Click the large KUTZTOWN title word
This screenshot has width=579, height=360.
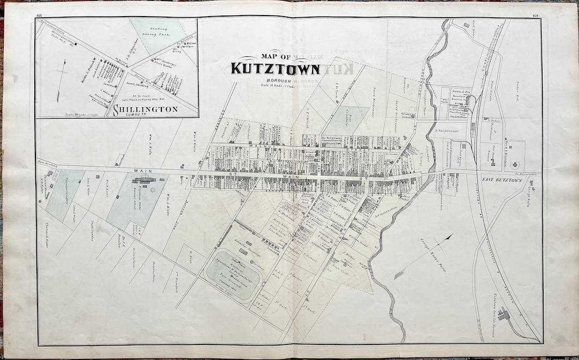[276, 69]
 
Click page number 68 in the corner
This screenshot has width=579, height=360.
[39, 14]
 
